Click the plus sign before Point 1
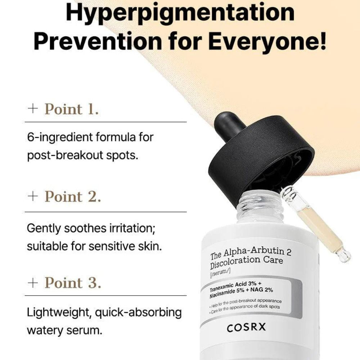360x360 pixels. point(33,109)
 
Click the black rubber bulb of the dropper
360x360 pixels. point(228,124)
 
